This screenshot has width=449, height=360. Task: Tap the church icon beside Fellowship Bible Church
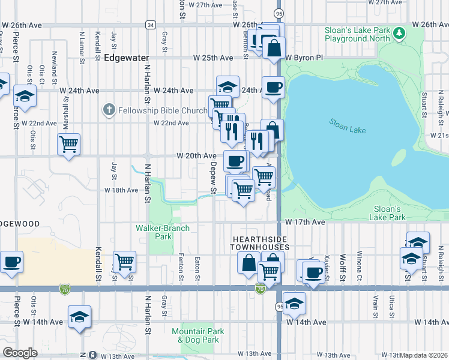tap(108, 110)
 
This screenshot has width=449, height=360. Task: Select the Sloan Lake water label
tap(346, 125)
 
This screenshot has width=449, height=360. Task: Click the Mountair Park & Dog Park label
tap(198, 335)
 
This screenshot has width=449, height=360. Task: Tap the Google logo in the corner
tap(20, 352)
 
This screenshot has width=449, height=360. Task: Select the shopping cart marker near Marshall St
tap(69, 144)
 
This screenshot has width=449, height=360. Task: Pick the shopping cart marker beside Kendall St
tap(124, 262)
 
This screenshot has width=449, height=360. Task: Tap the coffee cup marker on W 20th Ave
tap(235, 160)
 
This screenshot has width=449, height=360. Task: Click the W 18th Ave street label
tap(121, 190)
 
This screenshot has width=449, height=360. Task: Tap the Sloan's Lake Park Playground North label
tap(366, 34)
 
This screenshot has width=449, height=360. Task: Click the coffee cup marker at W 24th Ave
tap(273, 86)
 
